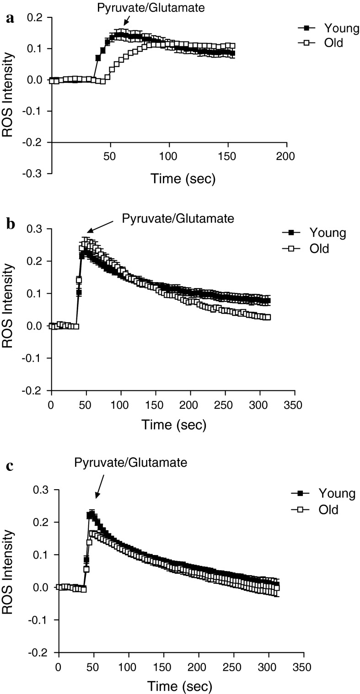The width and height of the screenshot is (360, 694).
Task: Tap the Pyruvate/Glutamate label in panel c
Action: click(130, 463)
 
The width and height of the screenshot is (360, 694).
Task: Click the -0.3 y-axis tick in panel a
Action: click(39, 174)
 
